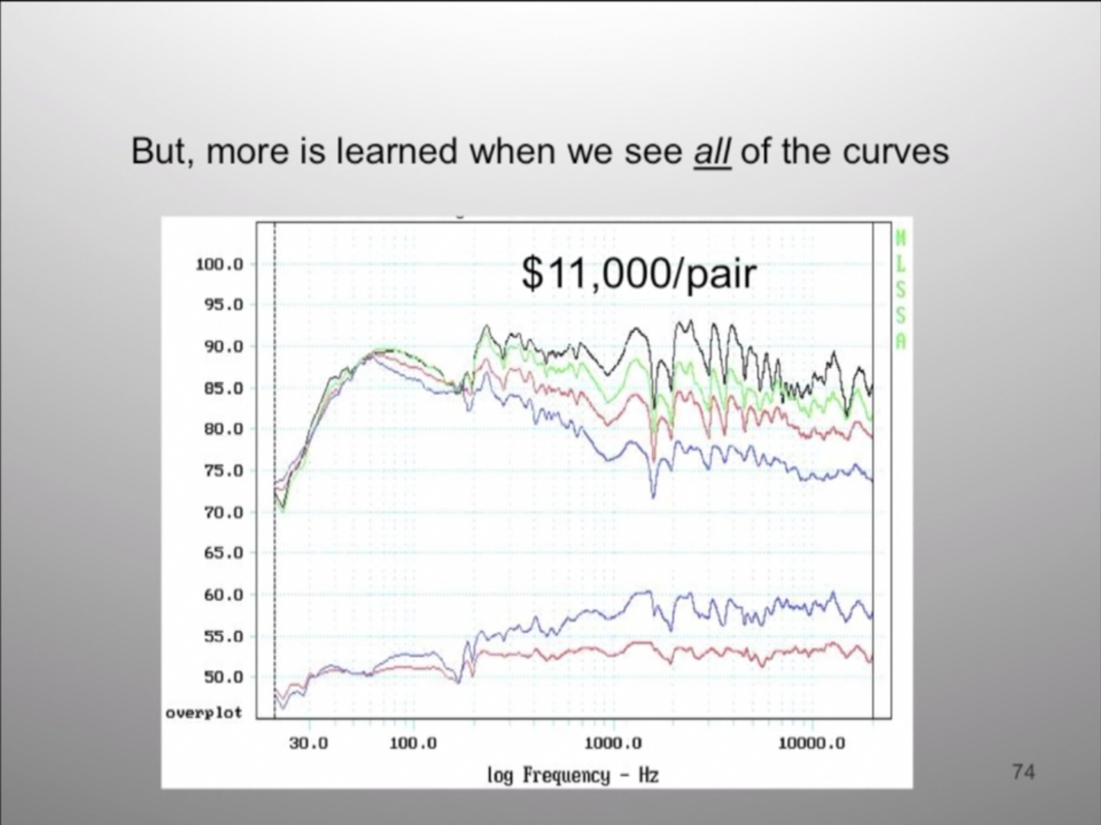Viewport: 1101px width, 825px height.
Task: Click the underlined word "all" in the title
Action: [713, 150]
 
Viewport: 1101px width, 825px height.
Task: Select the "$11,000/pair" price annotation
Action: [638, 274]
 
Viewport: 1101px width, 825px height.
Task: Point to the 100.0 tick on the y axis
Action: [219, 264]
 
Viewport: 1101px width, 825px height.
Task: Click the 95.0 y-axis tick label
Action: [223, 305]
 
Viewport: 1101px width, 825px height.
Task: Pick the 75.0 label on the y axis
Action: [223, 471]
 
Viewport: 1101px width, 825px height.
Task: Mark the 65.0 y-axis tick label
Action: [223, 554]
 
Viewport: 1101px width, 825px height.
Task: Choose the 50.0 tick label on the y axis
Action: [223, 678]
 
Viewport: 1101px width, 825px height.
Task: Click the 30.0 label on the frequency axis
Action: [308, 743]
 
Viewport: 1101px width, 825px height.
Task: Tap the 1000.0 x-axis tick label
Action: [613, 743]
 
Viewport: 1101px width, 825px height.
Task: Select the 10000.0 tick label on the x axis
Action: [811, 743]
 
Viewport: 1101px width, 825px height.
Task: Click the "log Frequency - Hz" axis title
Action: [573, 775]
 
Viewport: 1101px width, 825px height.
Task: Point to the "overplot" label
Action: [203, 713]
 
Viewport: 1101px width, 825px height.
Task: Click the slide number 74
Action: [1023, 772]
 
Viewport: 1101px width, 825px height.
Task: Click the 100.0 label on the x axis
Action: [413, 743]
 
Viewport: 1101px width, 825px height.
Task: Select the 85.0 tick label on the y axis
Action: [223, 388]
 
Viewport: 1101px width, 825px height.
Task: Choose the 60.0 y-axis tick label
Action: [223, 595]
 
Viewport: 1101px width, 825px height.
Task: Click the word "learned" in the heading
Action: [396, 150]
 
